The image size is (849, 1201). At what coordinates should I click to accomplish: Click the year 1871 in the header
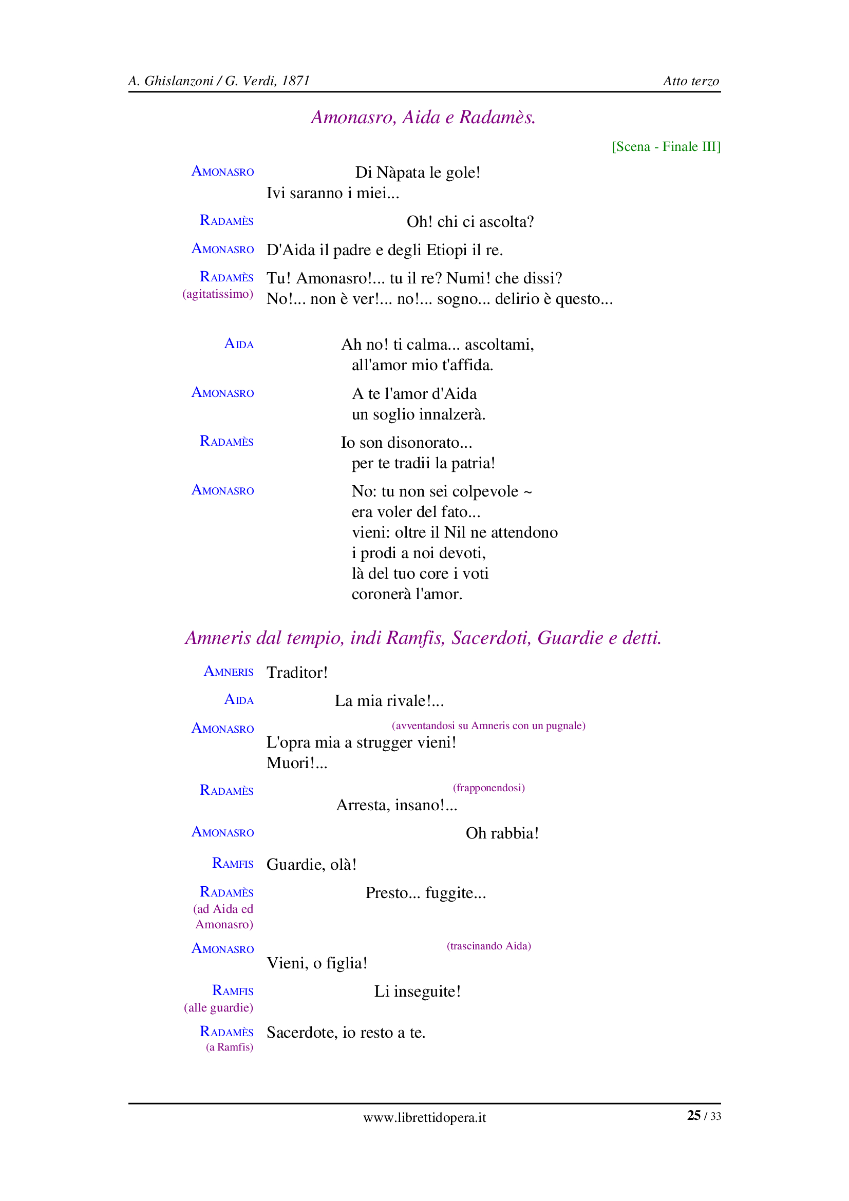coord(295,81)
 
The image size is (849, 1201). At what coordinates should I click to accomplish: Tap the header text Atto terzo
coord(690,81)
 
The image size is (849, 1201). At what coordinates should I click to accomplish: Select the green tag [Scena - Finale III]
coord(666,146)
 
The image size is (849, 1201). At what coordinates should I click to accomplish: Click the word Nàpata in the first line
coord(401,173)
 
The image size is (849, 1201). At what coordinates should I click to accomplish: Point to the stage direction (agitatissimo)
coord(218,294)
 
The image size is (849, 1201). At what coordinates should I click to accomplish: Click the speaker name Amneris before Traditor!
coord(229,672)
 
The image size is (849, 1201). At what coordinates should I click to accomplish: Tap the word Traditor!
coord(297,673)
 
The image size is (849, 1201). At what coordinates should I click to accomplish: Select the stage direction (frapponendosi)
coord(488,788)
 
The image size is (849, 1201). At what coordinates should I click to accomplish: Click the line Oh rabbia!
coord(502,833)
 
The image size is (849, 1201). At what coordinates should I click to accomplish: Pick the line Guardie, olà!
coord(311,865)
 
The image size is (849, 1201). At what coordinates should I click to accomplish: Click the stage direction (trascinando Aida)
coord(488,946)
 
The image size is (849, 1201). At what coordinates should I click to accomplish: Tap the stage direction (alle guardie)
coord(218,1007)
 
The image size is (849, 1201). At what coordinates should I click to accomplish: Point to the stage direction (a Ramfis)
coord(229,1047)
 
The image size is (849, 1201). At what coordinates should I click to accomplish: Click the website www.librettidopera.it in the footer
coord(424,1118)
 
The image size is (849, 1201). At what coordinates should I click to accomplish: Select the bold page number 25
coord(694,1116)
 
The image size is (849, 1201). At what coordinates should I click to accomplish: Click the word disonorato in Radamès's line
coord(432,443)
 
